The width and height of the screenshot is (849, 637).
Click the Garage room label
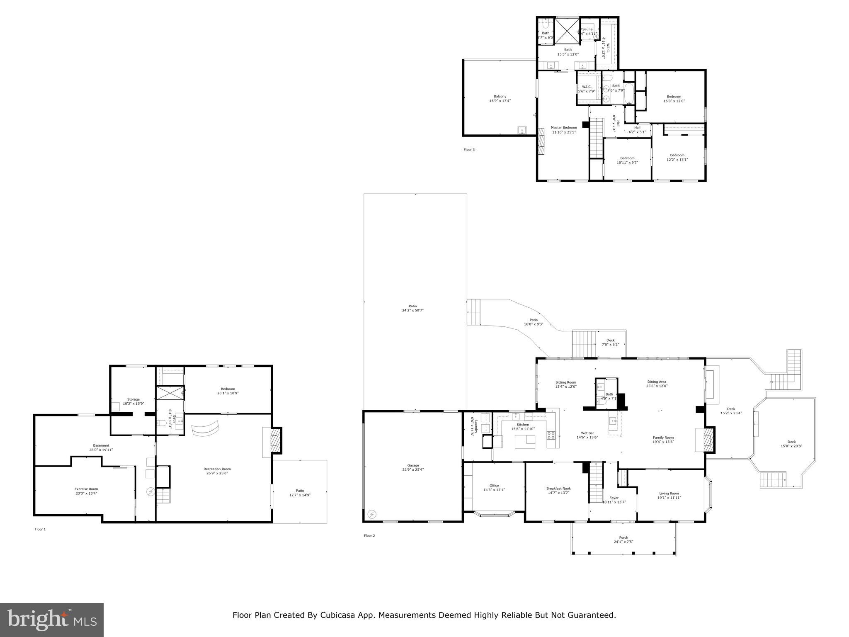413,465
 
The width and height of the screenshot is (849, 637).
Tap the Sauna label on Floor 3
587,29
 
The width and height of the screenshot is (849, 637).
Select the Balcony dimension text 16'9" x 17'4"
500,101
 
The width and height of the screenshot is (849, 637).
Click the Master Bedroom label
563,128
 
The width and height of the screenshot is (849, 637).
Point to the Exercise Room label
86,489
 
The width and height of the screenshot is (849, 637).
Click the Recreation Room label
217,469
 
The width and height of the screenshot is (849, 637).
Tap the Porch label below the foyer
623,537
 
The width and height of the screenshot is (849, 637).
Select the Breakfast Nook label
558,489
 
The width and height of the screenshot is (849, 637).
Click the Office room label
494,485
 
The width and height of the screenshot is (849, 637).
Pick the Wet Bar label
587,433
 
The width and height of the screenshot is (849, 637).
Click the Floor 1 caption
40,529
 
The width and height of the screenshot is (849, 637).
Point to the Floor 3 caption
469,150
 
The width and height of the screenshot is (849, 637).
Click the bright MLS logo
52,620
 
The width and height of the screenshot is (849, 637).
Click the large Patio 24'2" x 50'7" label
412,306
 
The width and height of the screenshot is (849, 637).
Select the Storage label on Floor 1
133,399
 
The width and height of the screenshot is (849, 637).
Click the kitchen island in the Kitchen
525,442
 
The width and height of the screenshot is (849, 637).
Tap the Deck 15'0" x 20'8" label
791,442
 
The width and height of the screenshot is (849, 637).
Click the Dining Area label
657,382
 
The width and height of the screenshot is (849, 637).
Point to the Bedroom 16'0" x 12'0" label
674,97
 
